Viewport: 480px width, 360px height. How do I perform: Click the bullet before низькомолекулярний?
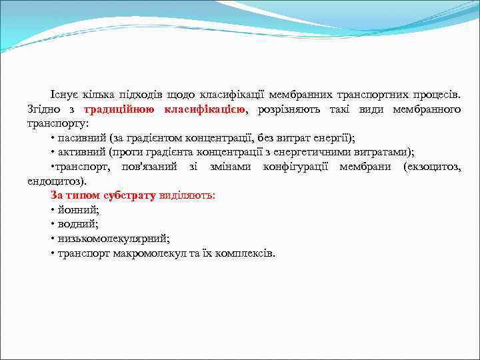pos(52,239)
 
